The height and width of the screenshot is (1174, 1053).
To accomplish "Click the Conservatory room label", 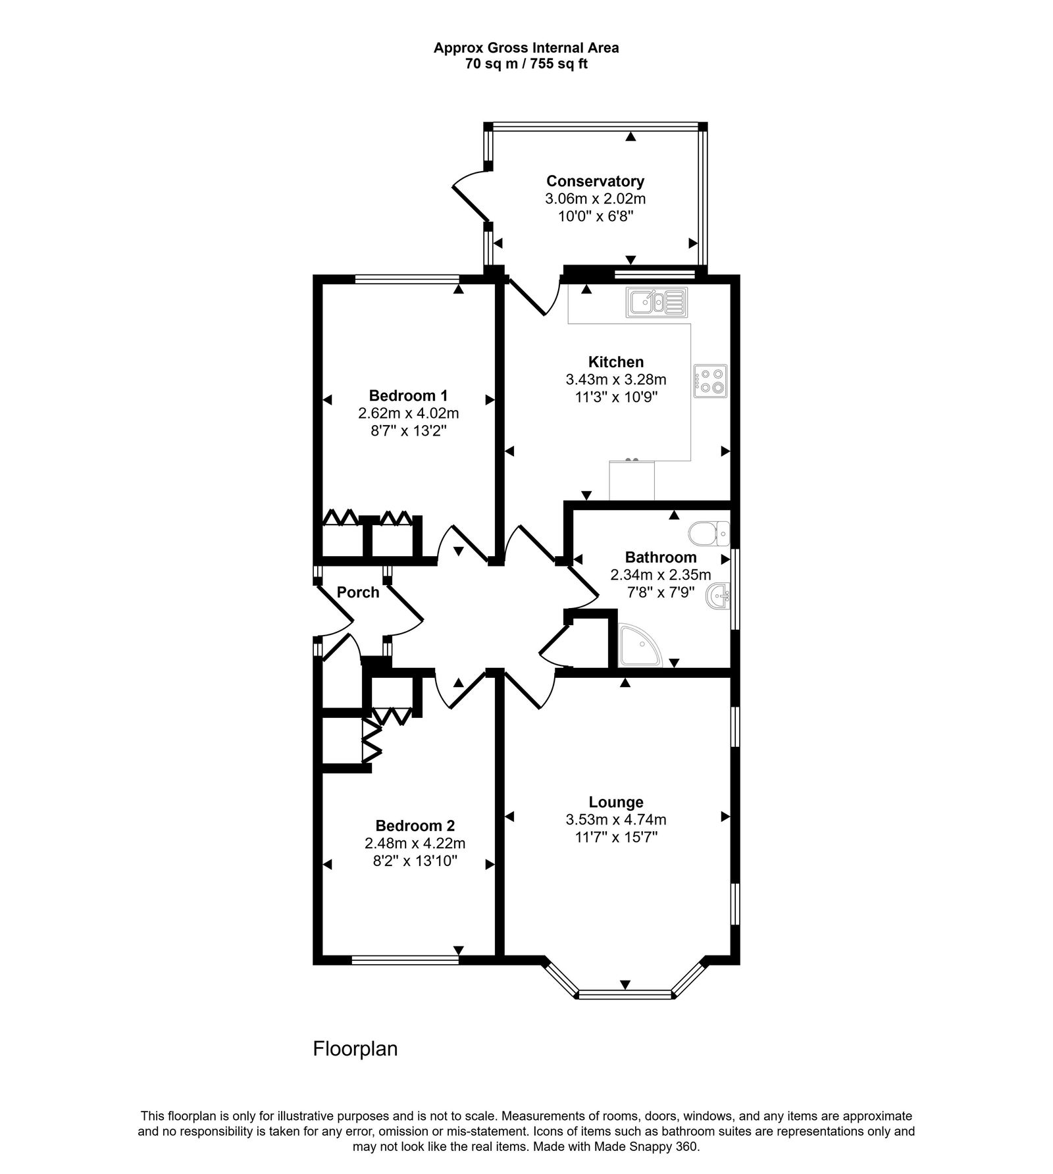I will tap(595, 181).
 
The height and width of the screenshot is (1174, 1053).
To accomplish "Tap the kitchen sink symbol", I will tap(656, 303).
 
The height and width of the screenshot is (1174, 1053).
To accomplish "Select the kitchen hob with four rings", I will tap(710, 380).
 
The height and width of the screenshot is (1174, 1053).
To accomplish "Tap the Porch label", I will tap(358, 592).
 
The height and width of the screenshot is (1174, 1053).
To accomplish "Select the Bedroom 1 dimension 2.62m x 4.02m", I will tap(408, 414).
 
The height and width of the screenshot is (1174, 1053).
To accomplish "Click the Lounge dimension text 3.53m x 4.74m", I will tap(615, 820).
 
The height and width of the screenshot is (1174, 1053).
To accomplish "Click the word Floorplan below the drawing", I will tap(355, 1048).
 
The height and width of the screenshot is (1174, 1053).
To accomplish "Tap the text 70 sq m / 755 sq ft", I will tap(526, 64).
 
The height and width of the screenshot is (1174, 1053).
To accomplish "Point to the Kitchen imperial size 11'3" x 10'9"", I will tap(615, 397).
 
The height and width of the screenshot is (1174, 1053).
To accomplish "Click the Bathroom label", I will tap(660, 557).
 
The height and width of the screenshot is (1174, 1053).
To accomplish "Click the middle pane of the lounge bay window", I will tap(625, 996).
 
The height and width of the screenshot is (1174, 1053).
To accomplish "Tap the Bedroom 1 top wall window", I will tap(407, 279).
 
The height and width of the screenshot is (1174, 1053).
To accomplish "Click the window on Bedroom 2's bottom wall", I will tap(405, 960).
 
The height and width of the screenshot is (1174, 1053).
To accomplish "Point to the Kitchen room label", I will tap(615, 362).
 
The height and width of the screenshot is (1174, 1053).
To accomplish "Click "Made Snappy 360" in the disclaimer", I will tap(652, 1129).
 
